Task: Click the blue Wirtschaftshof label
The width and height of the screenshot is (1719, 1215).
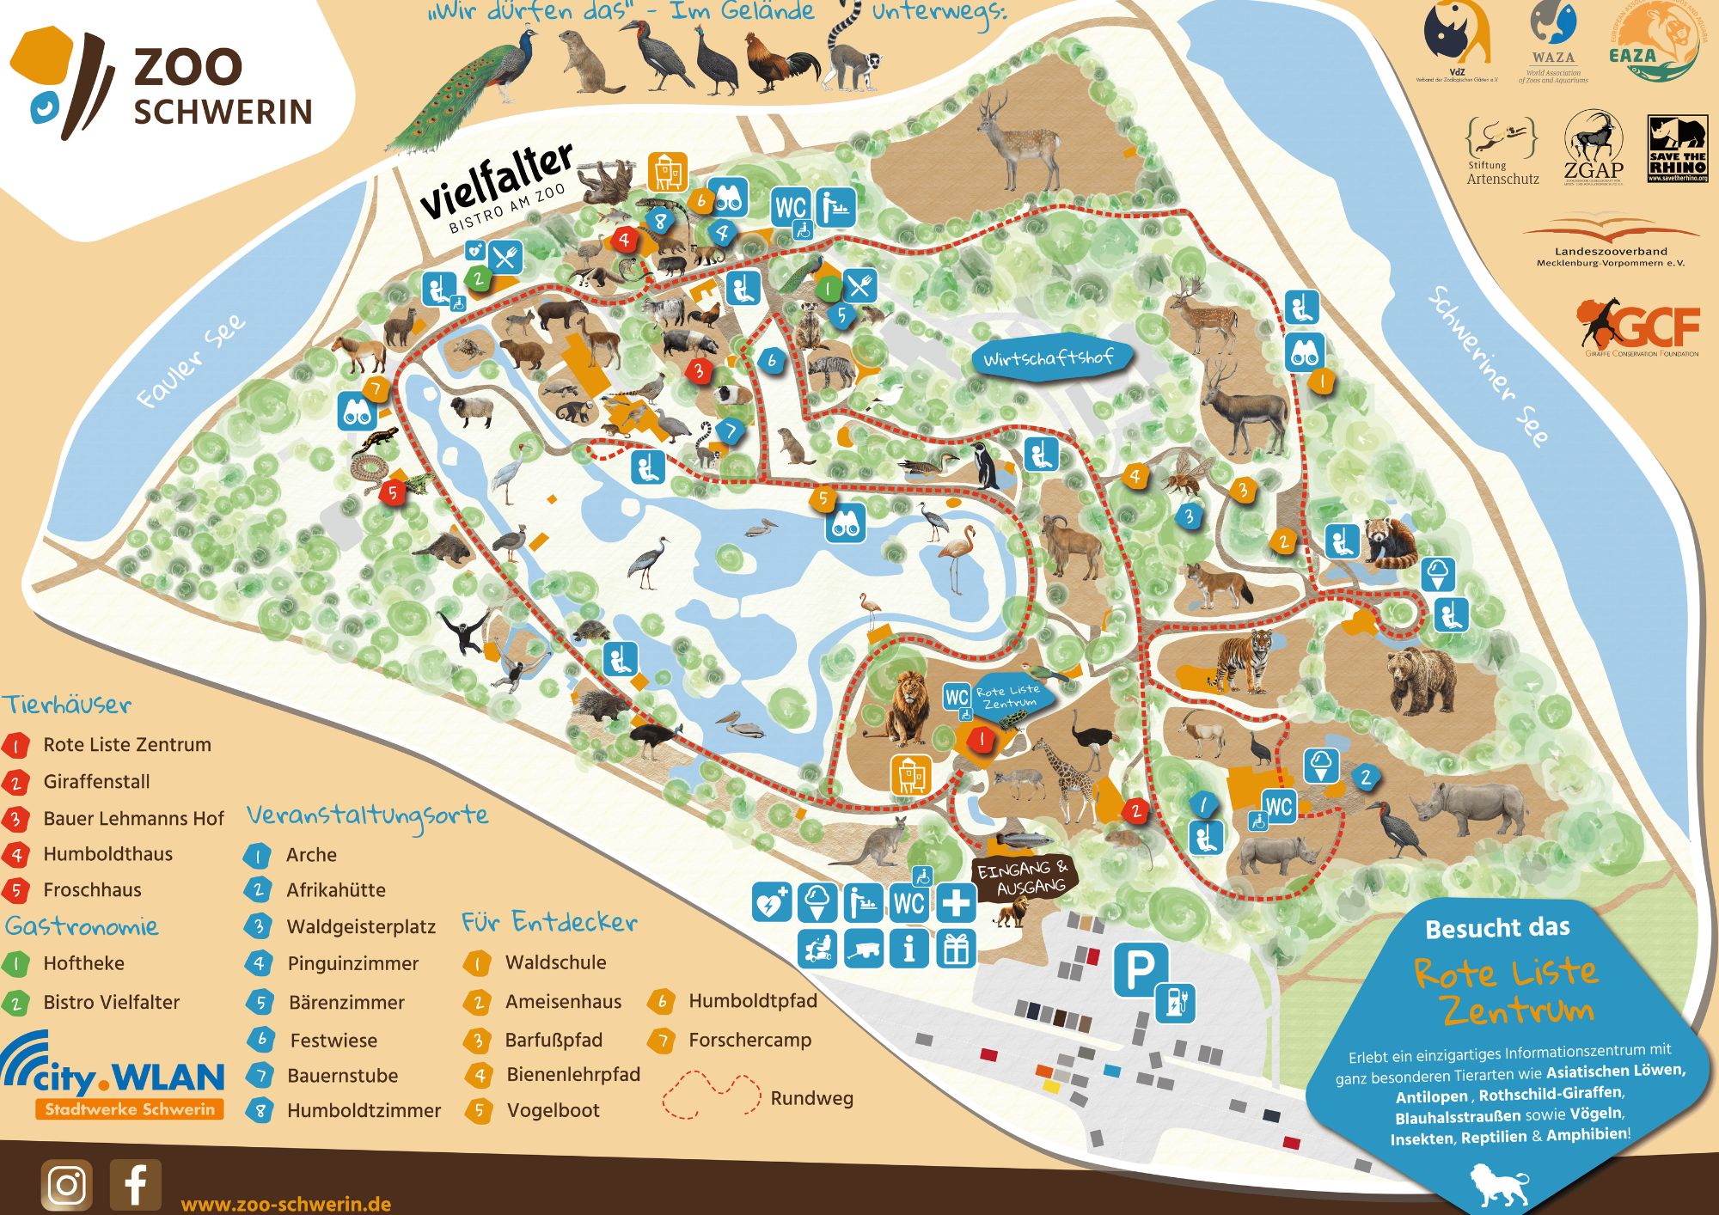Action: click(x=1049, y=357)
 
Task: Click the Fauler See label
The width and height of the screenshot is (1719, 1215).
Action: click(x=191, y=361)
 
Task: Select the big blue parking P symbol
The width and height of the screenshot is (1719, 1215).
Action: click(x=1141, y=969)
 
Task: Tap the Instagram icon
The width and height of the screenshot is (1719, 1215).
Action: click(x=66, y=1185)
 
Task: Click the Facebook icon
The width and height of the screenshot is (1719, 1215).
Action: click(x=135, y=1185)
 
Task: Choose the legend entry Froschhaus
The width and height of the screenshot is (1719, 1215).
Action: click(x=92, y=890)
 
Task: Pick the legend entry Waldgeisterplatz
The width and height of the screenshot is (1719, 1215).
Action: click(x=360, y=927)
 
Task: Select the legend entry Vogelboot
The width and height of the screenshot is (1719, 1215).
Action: click(x=553, y=1110)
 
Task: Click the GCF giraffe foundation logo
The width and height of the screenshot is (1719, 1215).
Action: click(x=1637, y=327)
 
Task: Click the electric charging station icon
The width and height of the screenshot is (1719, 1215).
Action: click(x=1175, y=1002)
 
